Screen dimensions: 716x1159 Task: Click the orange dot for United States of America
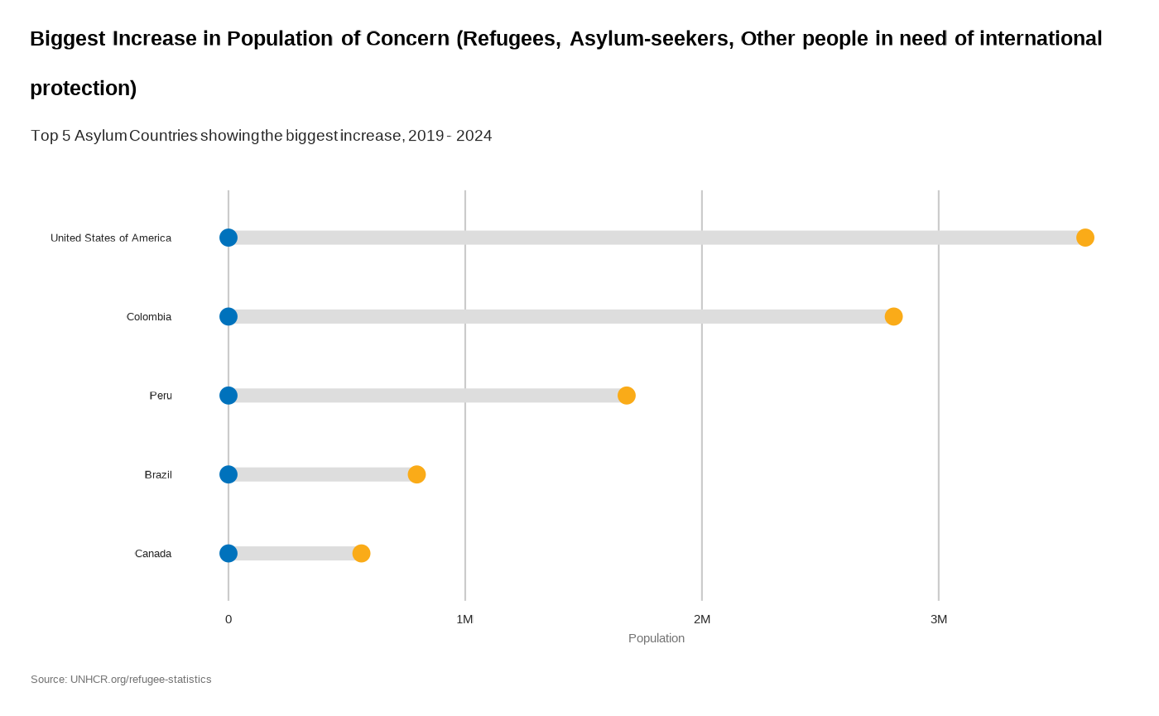pyautogui.click(x=1084, y=238)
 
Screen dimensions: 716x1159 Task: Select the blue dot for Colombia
pyautogui.click(x=228, y=316)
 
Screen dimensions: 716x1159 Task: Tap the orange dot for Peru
pyautogui.click(x=627, y=396)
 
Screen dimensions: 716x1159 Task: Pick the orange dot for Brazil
pyautogui.click(x=416, y=474)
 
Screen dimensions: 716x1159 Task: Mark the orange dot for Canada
pyautogui.click(x=361, y=553)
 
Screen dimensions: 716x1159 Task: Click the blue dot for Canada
pyautogui.click(x=228, y=553)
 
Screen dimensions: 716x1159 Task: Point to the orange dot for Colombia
pyautogui.click(x=893, y=316)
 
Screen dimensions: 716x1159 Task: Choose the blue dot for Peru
pyautogui.click(x=228, y=396)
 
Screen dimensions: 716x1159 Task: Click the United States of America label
pyautogui.click(x=111, y=238)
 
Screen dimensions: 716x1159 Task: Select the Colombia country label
pyautogui.click(x=149, y=317)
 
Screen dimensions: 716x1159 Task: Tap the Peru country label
pyautogui.click(x=161, y=396)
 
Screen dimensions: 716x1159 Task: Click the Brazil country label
pyautogui.click(x=158, y=475)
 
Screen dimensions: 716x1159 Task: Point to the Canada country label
pyautogui.click(x=153, y=554)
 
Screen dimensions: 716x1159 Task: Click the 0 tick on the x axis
pyautogui.click(x=228, y=619)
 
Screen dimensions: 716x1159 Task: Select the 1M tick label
pyautogui.click(x=464, y=619)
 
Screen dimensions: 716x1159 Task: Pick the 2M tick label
pyautogui.click(x=702, y=619)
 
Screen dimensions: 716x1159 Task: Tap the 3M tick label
pyautogui.click(x=939, y=619)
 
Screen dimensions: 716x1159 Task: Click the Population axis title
pyautogui.click(x=656, y=638)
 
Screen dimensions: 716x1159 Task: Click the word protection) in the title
pyautogui.click(x=83, y=89)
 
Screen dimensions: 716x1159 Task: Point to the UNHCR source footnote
pyautogui.click(x=121, y=680)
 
